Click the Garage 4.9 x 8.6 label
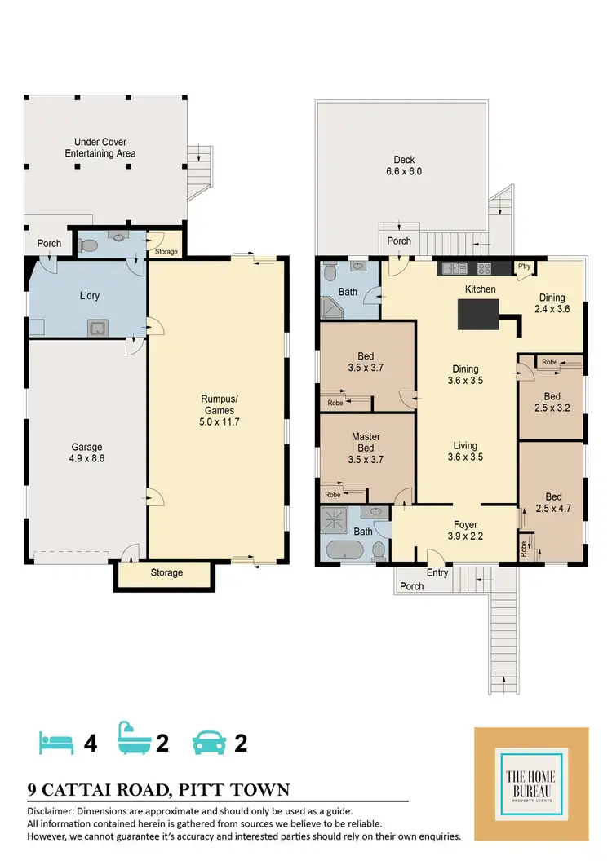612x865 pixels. (x=86, y=452)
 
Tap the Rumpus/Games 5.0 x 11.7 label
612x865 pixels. (x=219, y=410)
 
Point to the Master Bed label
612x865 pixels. (x=366, y=448)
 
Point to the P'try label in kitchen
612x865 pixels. (x=522, y=267)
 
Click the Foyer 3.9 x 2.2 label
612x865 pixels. (x=465, y=530)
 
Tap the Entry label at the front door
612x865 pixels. (x=437, y=573)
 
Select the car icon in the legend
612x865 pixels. (x=209, y=743)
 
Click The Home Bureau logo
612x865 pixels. (x=531, y=783)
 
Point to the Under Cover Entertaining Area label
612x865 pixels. (x=100, y=148)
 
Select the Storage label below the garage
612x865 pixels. (x=166, y=573)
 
